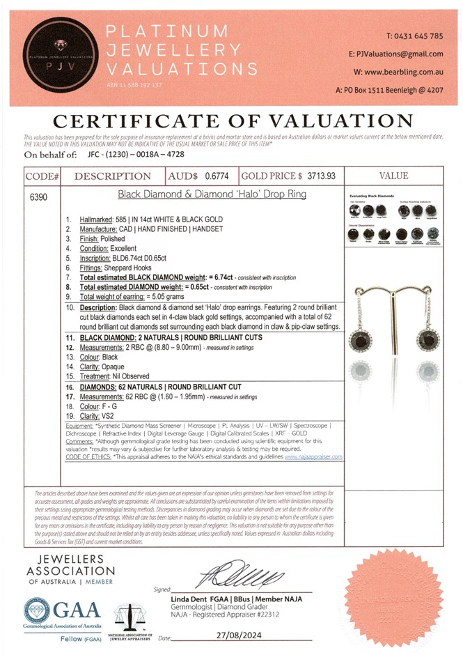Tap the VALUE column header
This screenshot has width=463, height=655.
[x=398, y=176]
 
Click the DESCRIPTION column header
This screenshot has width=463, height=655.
[x=112, y=176]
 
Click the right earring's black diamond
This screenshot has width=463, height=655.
[x=429, y=339]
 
